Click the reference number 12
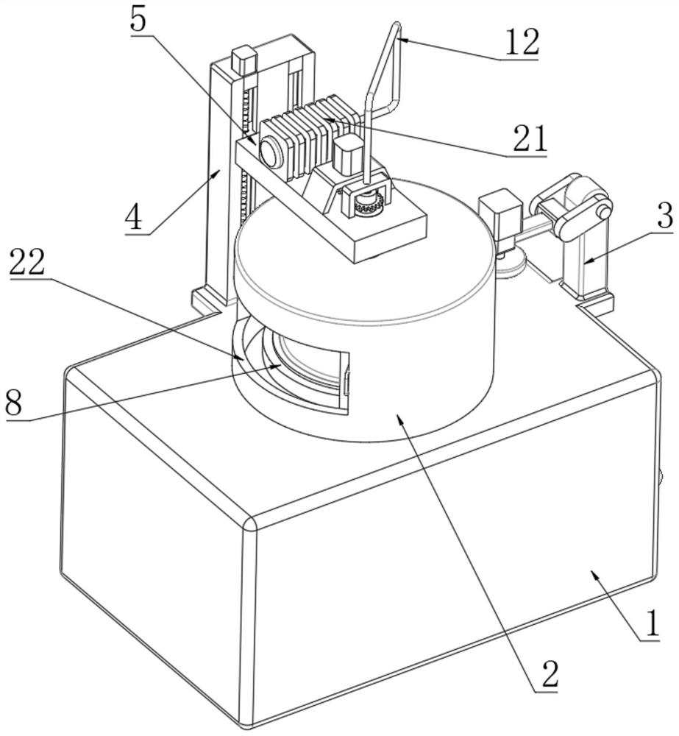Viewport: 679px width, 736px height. point(522,42)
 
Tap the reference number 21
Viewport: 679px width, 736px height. point(530,138)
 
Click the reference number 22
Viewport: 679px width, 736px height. point(27,261)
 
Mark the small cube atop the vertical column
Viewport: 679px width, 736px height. point(244,60)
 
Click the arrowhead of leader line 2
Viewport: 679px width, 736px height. point(399,418)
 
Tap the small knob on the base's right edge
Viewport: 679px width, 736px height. point(660,478)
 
